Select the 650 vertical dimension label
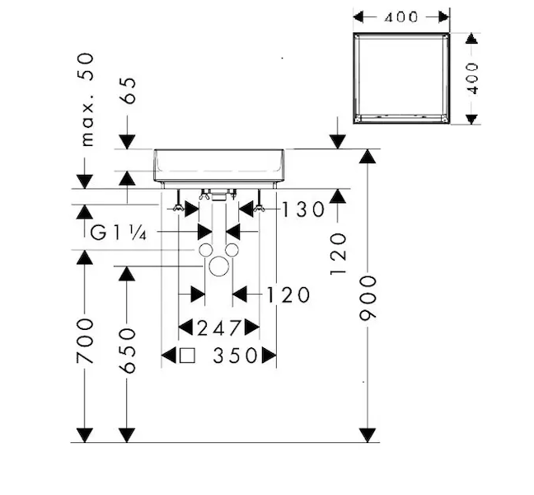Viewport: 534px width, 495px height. click(127, 351)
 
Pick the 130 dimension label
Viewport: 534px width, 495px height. click(302, 210)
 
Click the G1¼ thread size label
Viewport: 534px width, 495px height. click(118, 233)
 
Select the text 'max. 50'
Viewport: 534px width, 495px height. click(86, 98)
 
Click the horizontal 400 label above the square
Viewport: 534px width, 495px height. click(401, 16)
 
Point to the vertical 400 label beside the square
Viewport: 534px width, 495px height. click(472, 79)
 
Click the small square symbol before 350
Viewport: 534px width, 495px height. click(187, 356)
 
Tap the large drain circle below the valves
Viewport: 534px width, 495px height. click(218, 266)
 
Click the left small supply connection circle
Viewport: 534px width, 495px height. click(205, 249)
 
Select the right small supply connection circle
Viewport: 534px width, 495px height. click(232, 249)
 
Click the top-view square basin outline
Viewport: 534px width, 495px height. click(401, 79)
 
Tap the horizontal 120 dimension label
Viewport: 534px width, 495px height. click(288, 295)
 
